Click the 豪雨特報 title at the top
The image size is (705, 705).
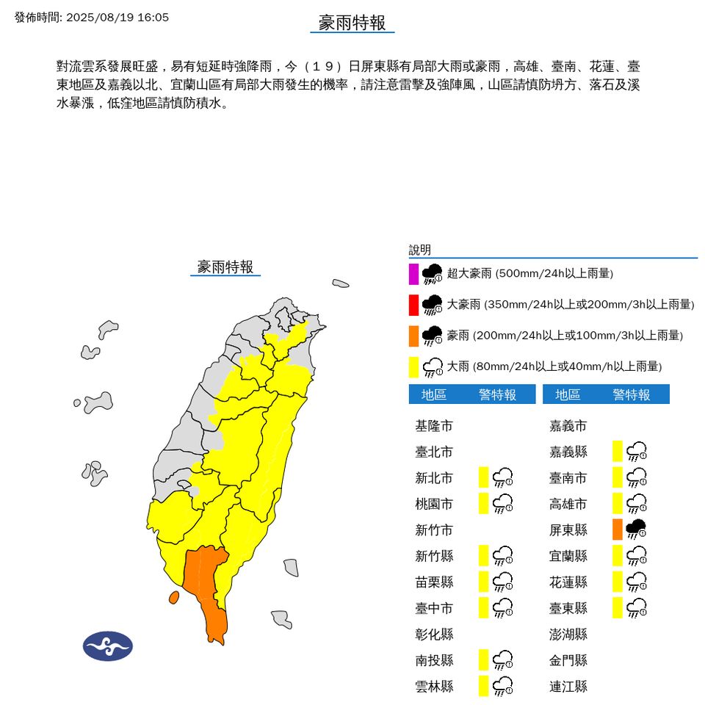click(x=352, y=23)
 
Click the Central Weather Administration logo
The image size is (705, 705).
click(x=108, y=646)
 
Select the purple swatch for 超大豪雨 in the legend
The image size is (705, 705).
click(x=414, y=273)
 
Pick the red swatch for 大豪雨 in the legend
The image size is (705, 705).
click(x=414, y=304)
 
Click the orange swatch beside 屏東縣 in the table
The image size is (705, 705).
click(x=618, y=529)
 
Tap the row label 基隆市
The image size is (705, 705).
click(x=434, y=426)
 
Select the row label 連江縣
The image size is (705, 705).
click(x=568, y=687)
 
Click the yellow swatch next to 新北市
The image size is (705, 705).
click(x=483, y=477)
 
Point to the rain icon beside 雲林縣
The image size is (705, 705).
click(x=502, y=686)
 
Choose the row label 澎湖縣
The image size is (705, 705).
click(x=568, y=634)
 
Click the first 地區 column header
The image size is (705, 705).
click(x=434, y=395)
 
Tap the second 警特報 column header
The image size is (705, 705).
click(x=632, y=395)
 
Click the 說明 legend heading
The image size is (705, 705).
click(x=420, y=250)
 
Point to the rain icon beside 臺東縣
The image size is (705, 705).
click(x=636, y=607)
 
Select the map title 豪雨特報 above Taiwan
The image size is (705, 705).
click(x=225, y=267)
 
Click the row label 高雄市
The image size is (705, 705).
click(x=568, y=504)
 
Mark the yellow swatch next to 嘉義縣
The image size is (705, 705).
click(x=618, y=451)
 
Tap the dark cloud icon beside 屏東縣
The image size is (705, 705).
click(x=636, y=529)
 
